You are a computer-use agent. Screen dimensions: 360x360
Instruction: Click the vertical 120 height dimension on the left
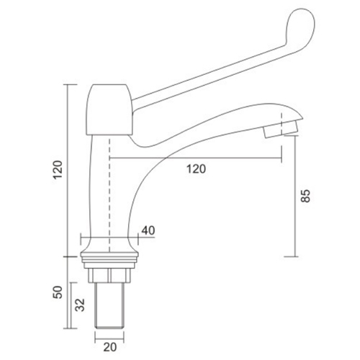tap(58, 169)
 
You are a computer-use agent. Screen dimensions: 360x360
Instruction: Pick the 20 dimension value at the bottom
tap(110, 348)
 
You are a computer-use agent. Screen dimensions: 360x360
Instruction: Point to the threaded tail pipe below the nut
tap(110, 310)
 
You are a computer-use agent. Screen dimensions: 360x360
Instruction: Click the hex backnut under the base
tap(110, 275)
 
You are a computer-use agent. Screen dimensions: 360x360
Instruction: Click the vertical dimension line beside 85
tap(295, 209)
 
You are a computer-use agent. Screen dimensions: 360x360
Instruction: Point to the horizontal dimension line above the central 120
tap(194, 158)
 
